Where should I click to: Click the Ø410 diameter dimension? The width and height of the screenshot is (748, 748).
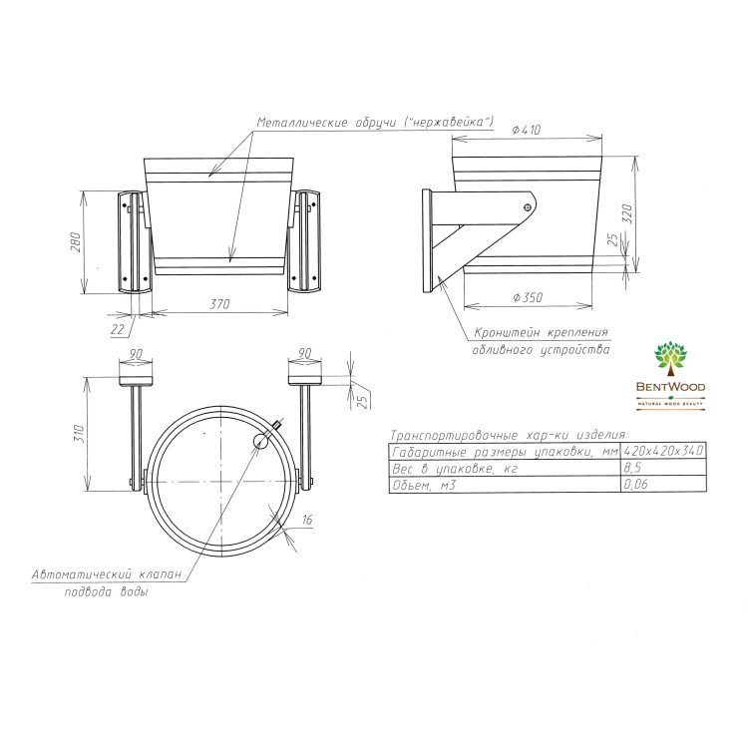[527, 130]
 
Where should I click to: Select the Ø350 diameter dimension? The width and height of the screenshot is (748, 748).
[528, 297]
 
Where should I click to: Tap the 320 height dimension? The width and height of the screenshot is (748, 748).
[627, 214]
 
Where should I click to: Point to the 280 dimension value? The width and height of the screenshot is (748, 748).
[76, 242]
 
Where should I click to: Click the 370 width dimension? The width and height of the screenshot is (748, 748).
[220, 304]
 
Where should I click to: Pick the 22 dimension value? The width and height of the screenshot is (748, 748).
[118, 329]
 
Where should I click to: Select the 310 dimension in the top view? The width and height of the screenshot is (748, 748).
[79, 434]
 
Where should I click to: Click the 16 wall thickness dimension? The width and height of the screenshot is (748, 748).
[307, 519]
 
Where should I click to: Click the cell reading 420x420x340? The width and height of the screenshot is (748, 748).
[663, 451]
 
